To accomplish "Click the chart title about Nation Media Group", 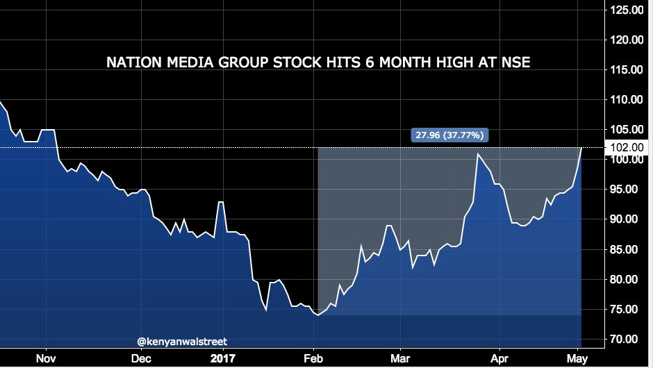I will pyautogui.click(x=318, y=62).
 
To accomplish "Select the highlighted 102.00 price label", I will pyautogui.click(x=627, y=147).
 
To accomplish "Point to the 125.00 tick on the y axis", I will pyautogui.click(x=627, y=10).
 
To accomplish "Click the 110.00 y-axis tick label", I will pyautogui.click(x=627, y=99).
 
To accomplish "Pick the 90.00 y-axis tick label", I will pyautogui.click(x=627, y=219).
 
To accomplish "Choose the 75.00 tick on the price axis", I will pyautogui.click(x=627, y=309).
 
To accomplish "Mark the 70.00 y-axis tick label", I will pyautogui.click(x=627, y=339).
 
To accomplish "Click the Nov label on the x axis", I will pyautogui.click(x=46, y=358).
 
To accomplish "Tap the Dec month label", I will pyautogui.click(x=141, y=358).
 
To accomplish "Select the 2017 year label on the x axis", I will pyautogui.click(x=224, y=358).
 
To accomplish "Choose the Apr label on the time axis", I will pyautogui.click(x=499, y=358).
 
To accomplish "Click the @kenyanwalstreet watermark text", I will pyautogui.click(x=182, y=341).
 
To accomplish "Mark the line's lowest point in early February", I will pyautogui.click(x=317, y=315).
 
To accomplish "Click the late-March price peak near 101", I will pyautogui.click(x=477, y=153).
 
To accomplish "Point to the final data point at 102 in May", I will pyautogui.click(x=581, y=148).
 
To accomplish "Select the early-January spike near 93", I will pyautogui.click(x=220, y=202).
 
